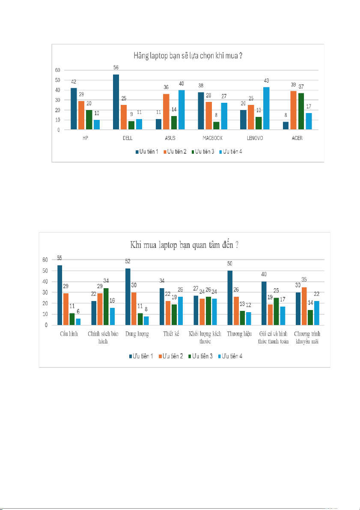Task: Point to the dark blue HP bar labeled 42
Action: pos(74,109)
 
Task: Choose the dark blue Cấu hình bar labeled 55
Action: pos(60,295)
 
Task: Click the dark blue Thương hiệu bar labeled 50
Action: pos(229,298)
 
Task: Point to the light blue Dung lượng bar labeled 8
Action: pos(146,321)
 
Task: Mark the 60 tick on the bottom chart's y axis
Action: pos(45,259)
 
